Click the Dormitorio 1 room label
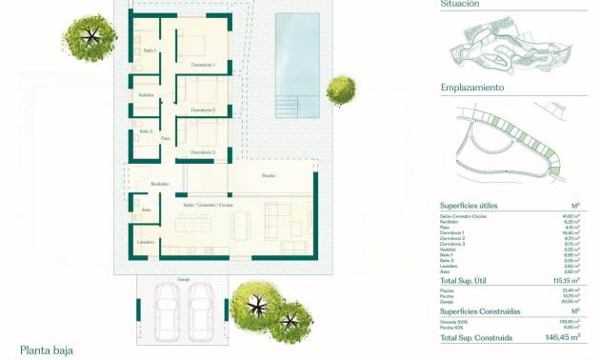click(203, 65)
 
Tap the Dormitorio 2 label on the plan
click(203, 110)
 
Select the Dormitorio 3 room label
click(201, 152)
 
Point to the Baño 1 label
click(150, 50)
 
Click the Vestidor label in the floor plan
click(146, 95)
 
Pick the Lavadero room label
click(146, 243)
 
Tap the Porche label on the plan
click(270, 176)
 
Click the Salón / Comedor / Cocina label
click(208, 205)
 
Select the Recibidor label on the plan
click(159, 184)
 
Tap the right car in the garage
click(200, 309)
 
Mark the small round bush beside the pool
click(340, 90)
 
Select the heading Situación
click(460, 5)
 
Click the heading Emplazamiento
click(472, 88)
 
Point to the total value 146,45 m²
click(562, 337)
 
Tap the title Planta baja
click(47, 350)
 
